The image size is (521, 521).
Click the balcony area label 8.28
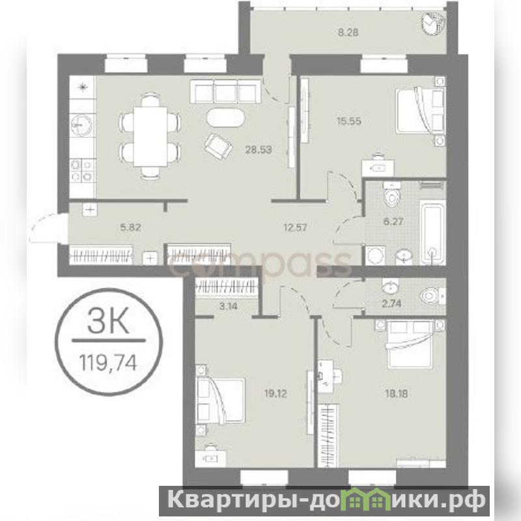(348, 33)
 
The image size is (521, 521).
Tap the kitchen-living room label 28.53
(259, 150)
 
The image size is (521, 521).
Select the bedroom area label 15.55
(349, 121)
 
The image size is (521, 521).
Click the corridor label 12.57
(296, 227)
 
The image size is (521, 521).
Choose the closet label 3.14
(229, 306)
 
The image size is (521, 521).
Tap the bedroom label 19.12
(275, 394)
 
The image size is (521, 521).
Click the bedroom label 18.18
(397, 394)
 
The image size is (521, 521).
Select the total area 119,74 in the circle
(108, 363)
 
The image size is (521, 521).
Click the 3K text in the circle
(108, 321)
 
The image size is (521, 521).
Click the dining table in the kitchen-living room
(150, 137)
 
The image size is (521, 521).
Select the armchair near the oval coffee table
(218, 146)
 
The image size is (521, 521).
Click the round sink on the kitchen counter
(79, 125)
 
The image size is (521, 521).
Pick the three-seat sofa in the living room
(225, 91)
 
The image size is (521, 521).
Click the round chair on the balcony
(433, 23)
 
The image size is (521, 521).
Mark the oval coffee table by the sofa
(226, 118)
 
